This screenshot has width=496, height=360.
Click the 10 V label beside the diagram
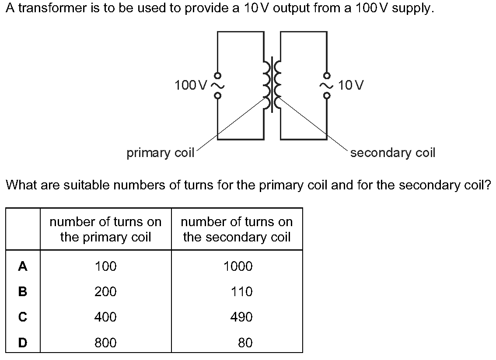click(351, 85)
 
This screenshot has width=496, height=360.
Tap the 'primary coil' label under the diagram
click(160, 153)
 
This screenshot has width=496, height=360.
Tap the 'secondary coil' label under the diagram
click(393, 153)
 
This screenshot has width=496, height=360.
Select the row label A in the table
click(22, 266)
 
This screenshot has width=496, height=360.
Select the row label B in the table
click(22, 291)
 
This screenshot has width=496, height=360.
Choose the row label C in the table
click(22, 317)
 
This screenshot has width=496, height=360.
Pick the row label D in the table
click(22, 343)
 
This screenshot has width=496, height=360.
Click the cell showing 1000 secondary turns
click(238, 266)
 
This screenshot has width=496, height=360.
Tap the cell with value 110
click(242, 291)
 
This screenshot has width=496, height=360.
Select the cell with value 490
click(241, 317)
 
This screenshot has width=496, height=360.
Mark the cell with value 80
click(245, 343)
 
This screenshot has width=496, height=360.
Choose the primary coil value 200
click(105, 291)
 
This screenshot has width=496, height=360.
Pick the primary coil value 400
click(105, 317)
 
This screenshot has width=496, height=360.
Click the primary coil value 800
click(105, 343)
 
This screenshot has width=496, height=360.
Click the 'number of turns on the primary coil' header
click(105, 229)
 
